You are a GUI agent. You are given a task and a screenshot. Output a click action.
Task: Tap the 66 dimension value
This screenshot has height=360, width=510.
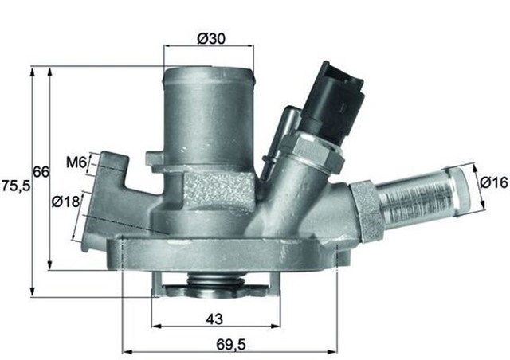(x=41, y=172)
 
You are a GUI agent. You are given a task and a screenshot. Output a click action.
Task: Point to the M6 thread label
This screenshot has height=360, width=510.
(x=76, y=163)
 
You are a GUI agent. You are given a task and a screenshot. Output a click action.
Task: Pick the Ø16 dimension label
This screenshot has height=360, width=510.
(x=493, y=183)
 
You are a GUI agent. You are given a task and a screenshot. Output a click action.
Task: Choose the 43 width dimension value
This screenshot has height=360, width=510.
(x=214, y=319)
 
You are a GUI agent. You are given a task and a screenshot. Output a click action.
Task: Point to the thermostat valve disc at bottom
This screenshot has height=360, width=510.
(x=215, y=283)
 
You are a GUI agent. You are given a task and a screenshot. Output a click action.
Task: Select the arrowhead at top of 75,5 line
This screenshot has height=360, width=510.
(x=32, y=71)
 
